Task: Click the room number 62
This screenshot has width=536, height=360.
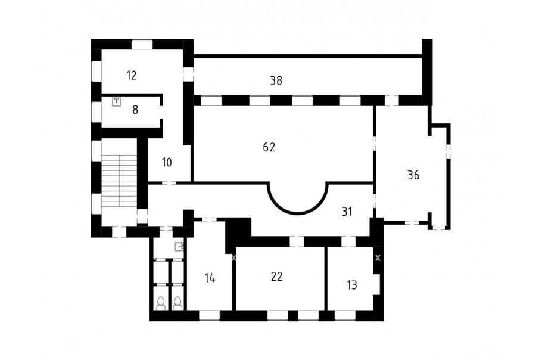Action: [x=269, y=147]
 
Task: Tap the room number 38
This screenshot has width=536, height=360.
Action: [x=276, y=80]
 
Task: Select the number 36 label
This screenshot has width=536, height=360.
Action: [x=413, y=175]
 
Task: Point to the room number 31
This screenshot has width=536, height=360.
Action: [x=347, y=212]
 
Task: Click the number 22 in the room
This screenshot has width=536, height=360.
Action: [x=276, y=277]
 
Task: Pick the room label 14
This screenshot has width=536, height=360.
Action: [x=210, y=278]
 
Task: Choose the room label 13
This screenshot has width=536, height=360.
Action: [x=352, y=285]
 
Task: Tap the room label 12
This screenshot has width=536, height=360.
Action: [x=131, y=75]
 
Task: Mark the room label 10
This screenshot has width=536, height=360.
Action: [x=167, y=162]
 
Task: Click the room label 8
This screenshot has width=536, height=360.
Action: [x=135, y=110]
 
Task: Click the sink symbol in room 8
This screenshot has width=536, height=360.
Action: [x=117, y=102]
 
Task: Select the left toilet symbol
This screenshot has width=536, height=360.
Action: [x=161, y=303]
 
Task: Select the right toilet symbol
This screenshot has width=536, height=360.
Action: [x=177, y=303]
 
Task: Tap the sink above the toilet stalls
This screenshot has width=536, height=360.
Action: [x=179, y=246]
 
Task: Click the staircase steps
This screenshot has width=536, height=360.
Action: [x=119, y=181]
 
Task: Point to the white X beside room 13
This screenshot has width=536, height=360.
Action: [x=378, y=258]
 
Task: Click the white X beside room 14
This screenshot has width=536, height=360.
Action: [x=234, y=258]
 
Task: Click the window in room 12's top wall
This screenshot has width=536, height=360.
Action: [x=142, y=44]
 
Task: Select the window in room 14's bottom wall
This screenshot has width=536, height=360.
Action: [x=210, y=315]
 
